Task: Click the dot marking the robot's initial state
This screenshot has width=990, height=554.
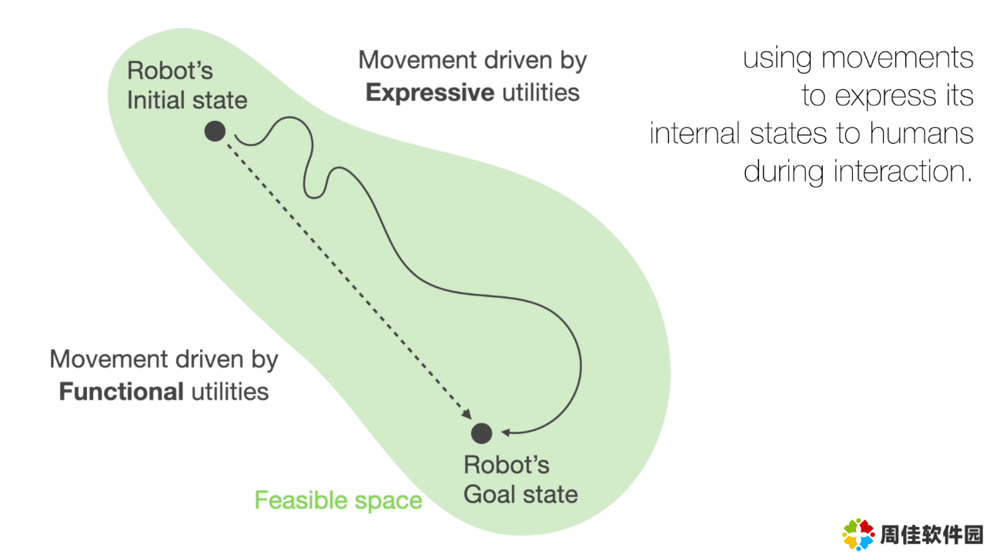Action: pos(216,132)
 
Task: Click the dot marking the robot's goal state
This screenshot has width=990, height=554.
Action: pos(482,433)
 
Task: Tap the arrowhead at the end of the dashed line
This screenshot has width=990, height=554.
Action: pos(467,415)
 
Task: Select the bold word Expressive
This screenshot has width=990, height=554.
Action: pos(430,93)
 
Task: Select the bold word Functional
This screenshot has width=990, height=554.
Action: pos(122,392)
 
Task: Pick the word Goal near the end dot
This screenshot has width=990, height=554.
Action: pos(489,494)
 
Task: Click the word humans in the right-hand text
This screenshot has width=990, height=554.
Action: pos(921,133)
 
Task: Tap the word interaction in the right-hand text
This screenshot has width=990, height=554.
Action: pos(902,172)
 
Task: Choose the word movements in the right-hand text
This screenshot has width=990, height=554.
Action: pos(898,58)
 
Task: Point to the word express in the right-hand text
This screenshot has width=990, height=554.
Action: pos(885,97)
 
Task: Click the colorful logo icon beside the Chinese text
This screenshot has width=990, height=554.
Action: pos(858,535)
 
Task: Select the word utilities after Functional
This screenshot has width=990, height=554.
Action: pos(230,392)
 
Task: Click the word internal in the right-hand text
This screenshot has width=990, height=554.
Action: pos(694,133)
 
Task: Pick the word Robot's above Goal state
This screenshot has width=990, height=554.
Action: pos(507,465)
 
